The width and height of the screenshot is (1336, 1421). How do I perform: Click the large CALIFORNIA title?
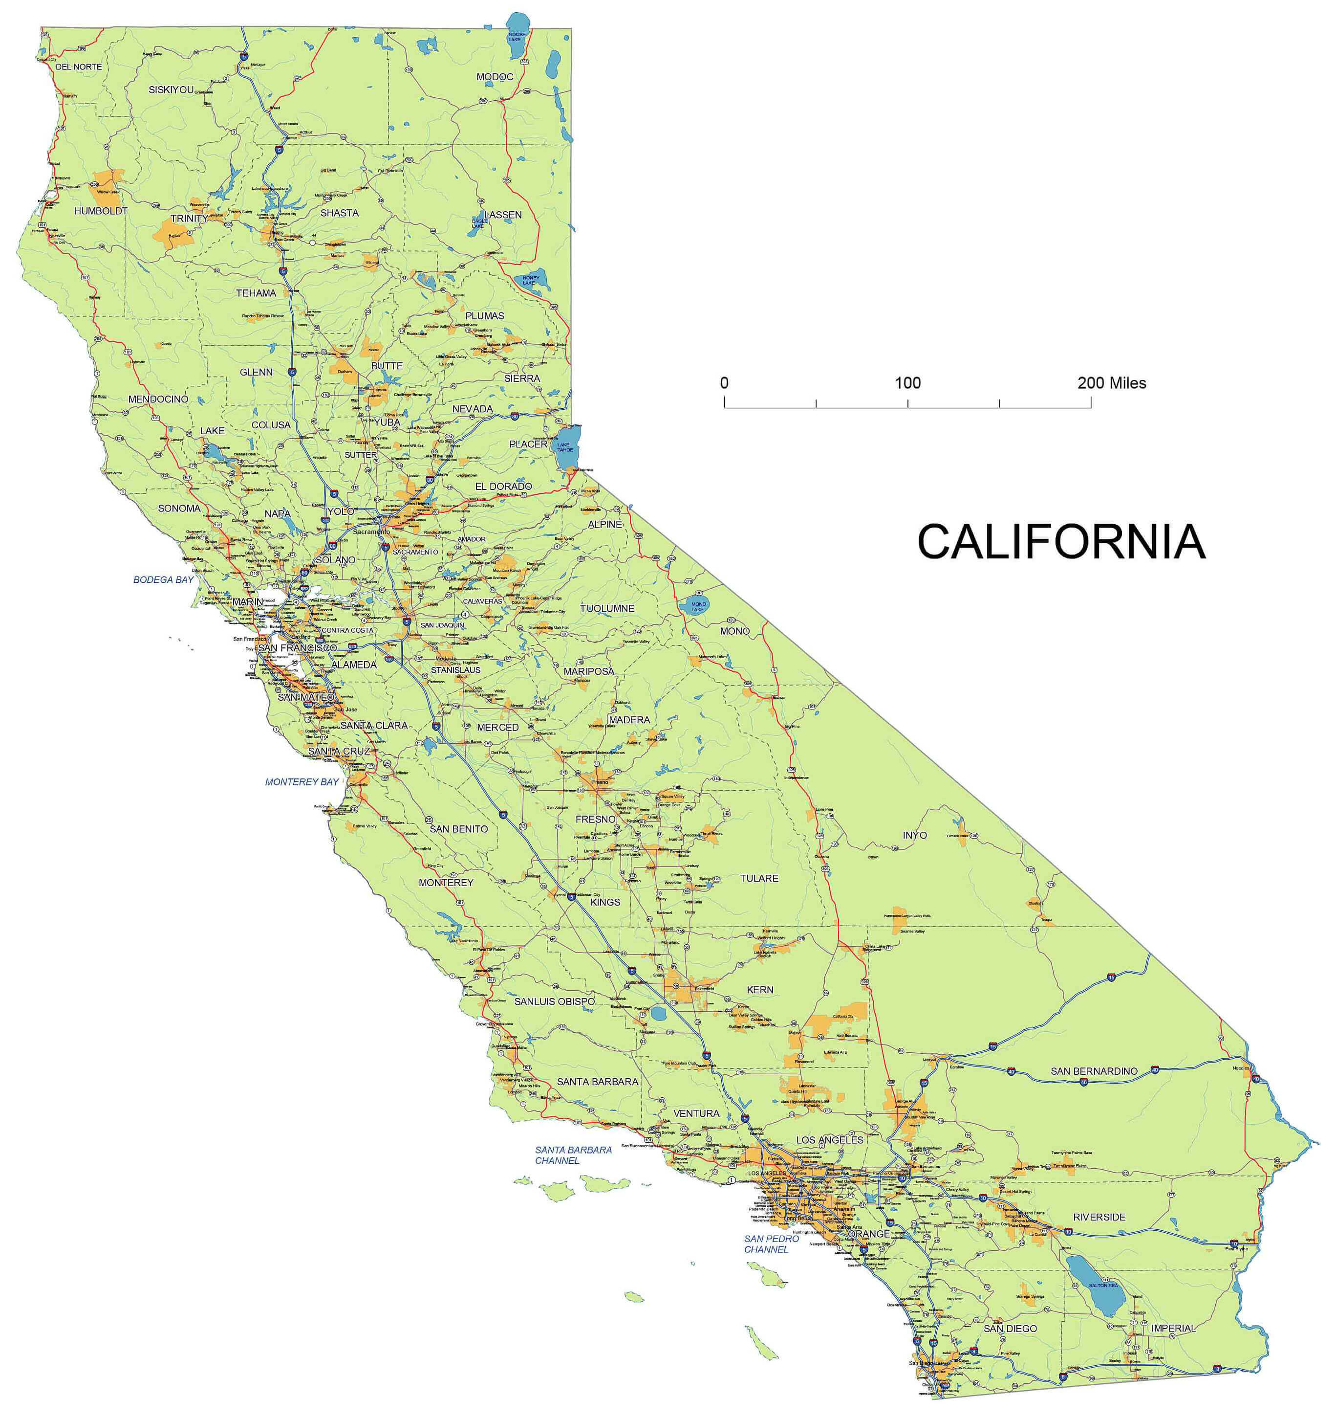(1060, 542)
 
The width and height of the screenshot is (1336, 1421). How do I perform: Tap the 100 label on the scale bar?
(907, 383)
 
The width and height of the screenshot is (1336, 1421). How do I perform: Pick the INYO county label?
(914, 835)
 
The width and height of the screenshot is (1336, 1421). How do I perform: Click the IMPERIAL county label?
(1173, 1328)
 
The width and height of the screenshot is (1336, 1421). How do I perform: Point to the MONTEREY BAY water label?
(302, 782)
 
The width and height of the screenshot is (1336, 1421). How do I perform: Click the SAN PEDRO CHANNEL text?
(771, 1243)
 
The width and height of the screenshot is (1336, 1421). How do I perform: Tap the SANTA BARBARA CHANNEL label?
(573, 1155)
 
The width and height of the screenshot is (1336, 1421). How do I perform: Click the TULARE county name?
(759, 878)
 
